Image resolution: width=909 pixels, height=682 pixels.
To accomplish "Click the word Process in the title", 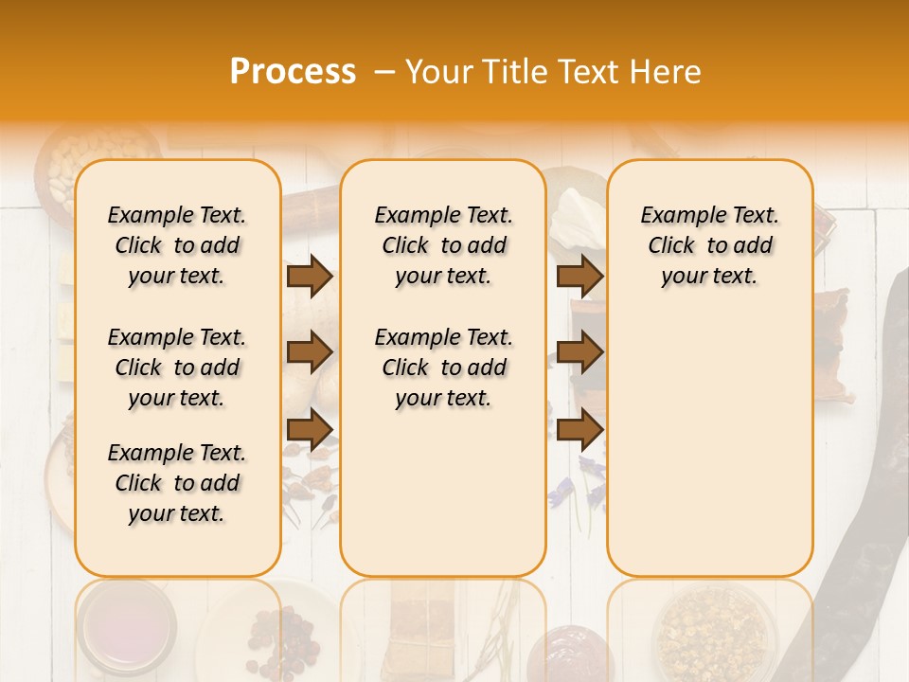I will pos(293,71).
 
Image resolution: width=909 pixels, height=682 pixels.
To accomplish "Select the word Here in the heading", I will pos(666,71).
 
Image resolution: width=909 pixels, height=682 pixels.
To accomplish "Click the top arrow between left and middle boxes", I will pos(310,276).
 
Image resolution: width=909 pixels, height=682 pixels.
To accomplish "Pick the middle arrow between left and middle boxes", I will pos(310,352).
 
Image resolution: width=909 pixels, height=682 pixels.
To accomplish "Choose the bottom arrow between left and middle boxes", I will pos(310,428).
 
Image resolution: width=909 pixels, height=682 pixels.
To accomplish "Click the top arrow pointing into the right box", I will pos(579,276).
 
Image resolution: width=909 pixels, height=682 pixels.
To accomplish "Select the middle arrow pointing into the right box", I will pos(579,352).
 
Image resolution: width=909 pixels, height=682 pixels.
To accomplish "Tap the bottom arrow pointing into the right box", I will pos(579,428).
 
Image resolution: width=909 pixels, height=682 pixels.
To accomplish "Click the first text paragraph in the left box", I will pos(177,245).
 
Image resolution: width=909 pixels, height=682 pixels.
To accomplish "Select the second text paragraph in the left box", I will pos(177,368).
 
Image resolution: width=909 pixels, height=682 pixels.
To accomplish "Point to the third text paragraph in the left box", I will pos(177,483).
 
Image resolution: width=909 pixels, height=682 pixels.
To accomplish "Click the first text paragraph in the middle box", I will pos(443,245).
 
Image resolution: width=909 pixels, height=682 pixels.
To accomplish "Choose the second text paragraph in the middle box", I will pos(443,368).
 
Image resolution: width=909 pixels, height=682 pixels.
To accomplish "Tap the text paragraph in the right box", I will pos(709,245).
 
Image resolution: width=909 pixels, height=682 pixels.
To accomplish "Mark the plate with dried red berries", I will pos(284,635).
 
